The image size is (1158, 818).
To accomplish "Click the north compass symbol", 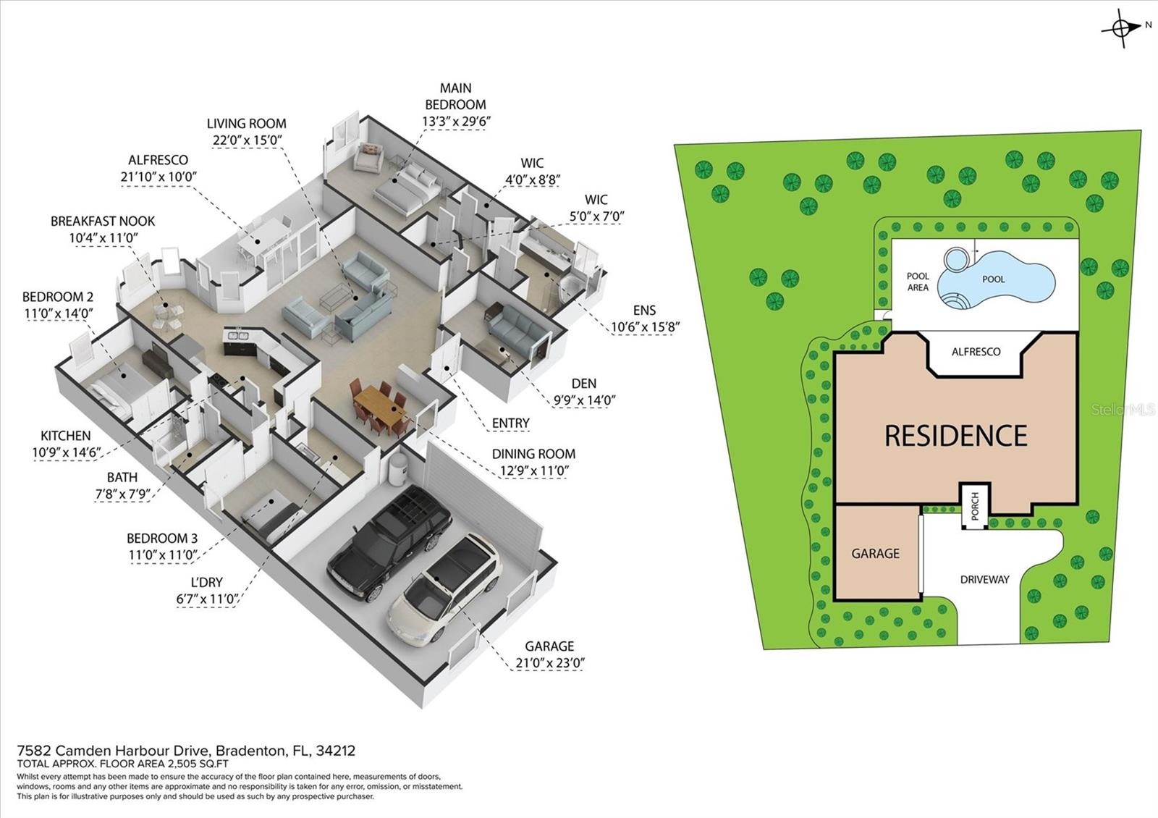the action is point(1120,28).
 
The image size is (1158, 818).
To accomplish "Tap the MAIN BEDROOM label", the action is point(455,96).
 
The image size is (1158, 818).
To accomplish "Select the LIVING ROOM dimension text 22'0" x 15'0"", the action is point(247,140).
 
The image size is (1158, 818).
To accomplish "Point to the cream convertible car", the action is point(444,589).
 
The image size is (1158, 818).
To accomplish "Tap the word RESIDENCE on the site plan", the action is point(956,435).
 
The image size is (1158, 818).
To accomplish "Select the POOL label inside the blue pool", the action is point(993,279).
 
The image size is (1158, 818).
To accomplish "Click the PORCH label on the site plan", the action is point(975,506).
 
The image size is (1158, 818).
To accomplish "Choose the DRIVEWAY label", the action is point(984,580).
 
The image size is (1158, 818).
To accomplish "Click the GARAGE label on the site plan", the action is point(875,553).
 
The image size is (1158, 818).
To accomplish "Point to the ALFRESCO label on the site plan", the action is point(976,352).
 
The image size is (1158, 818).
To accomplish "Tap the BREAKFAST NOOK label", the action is point(103,222).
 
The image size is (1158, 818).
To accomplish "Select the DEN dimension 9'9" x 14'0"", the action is point(584,400).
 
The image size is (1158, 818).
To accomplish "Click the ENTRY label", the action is point(511,423).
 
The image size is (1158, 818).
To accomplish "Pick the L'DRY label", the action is point(207,582).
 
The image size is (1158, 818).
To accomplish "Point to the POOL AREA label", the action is point(918,282).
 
